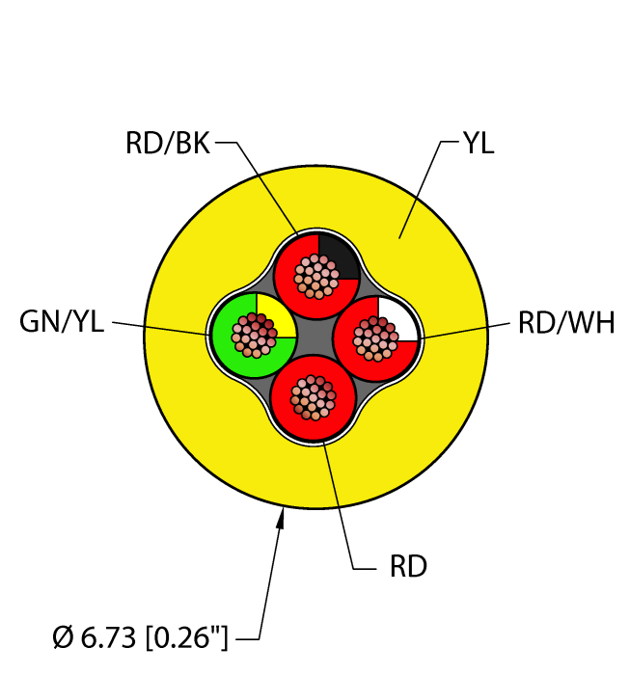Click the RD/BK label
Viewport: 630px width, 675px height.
click(x=167, y=144)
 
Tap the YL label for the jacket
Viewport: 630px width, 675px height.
click(x=478, y=145)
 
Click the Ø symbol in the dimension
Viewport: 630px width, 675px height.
click(x=61, y=637)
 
